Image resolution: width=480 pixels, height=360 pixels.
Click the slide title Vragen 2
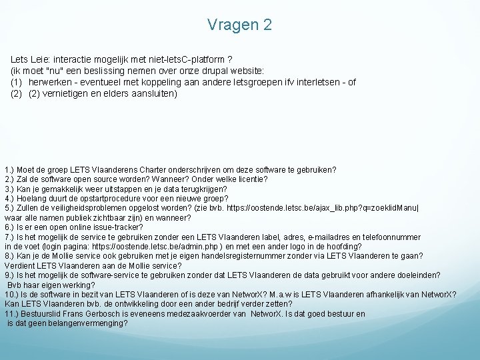pos(239,25)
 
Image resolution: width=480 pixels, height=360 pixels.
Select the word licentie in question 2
pos(252,179)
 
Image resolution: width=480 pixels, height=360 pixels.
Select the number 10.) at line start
pos(11,295)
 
